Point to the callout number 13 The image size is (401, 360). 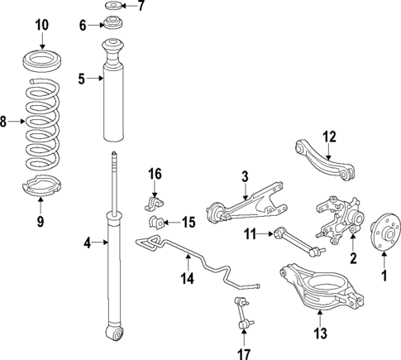coord(321,334)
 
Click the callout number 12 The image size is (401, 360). coord(330,137)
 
